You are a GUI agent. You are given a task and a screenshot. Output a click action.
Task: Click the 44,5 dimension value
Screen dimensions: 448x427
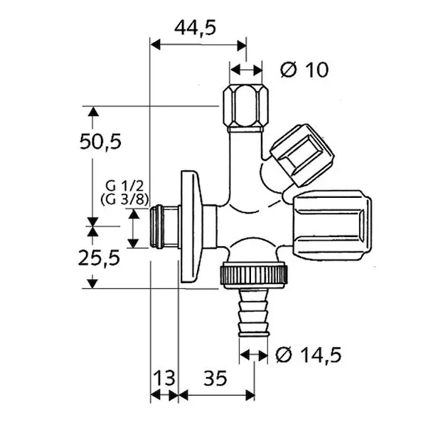tap(196, 28)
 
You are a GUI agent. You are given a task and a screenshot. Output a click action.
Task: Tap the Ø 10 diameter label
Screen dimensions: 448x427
tap(304, 70)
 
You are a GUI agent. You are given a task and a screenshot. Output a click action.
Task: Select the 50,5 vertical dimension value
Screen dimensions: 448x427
tap(100, 142)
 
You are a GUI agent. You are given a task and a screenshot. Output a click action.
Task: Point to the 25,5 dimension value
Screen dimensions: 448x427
tap(99, 258)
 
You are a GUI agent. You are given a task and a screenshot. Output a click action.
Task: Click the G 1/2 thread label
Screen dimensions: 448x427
tap(124, 186)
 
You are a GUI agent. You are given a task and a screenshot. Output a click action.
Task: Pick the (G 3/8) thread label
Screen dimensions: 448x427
tap(124, 200)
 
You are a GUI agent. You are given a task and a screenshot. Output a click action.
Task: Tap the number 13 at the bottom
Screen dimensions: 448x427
tap(164, 378)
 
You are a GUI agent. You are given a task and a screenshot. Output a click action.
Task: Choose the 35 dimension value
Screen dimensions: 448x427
tap(215, 378)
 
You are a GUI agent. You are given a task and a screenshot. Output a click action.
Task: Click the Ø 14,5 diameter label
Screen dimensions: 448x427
tap(309, 355)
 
